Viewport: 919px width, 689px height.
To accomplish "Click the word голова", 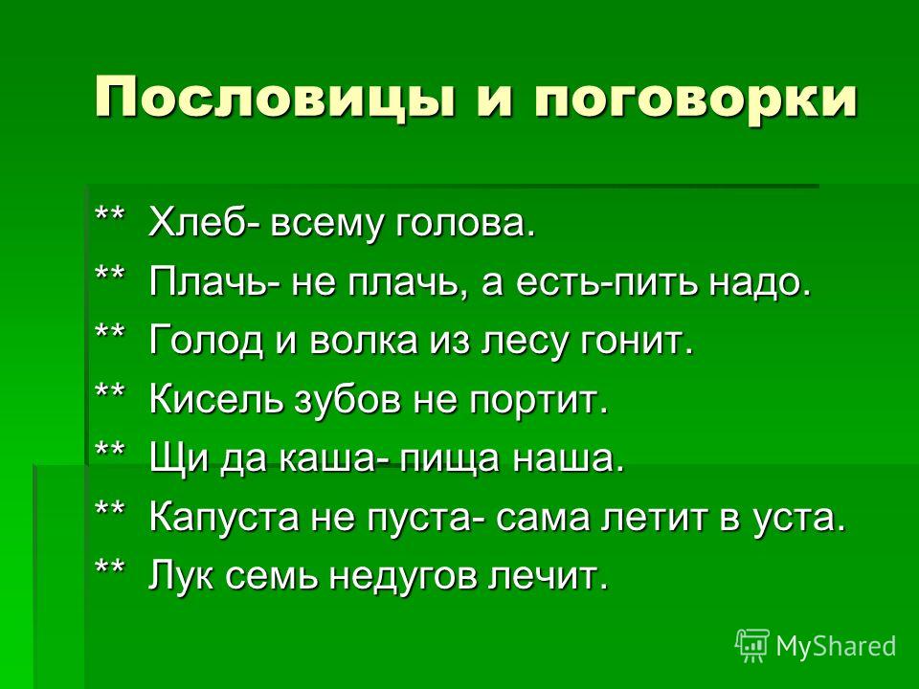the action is [466, 224].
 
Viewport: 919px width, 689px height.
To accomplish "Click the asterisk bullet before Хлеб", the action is [110, 212].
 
